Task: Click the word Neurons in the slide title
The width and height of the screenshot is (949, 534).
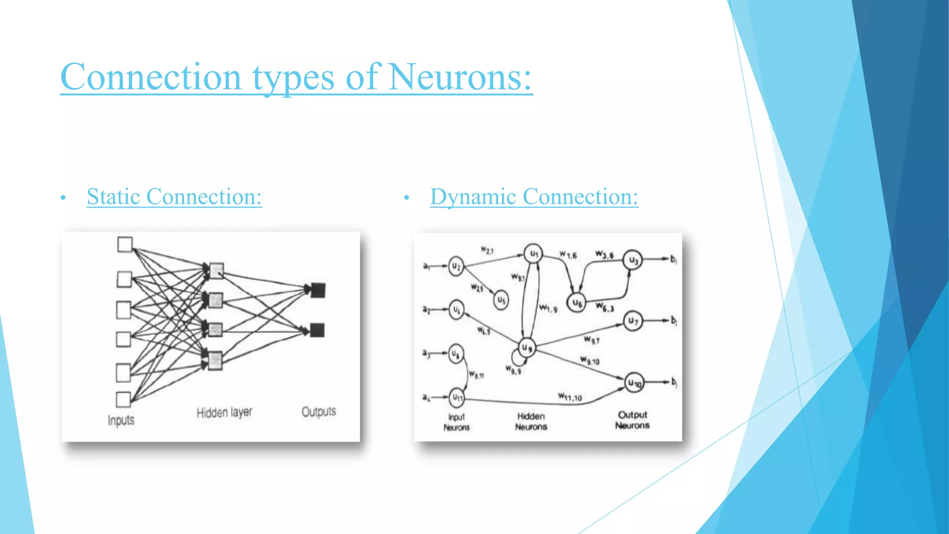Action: click(459, 77)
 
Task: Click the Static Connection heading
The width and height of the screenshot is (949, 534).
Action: click(174, 197)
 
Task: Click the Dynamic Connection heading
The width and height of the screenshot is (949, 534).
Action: click(534, 197)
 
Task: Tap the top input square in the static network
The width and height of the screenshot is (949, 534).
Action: click(125, 244)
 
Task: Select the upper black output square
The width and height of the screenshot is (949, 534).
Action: click(318, 290)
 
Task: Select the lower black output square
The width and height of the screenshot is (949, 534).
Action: click(317, 330)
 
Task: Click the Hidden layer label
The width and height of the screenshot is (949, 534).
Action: click(224, 412)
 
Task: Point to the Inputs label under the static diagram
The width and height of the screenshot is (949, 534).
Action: click(121, 420)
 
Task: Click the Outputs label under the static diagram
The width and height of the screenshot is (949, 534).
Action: click(318, 412)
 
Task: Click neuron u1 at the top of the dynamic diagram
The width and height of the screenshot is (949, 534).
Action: click(533, 254)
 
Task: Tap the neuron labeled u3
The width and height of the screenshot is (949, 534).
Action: click(633, 261)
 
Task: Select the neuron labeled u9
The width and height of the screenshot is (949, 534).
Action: click(527, 348)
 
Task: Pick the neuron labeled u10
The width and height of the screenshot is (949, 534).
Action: click(634, 383)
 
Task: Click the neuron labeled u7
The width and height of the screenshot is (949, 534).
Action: click(633, 321)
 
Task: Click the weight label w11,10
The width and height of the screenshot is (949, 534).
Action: click(569, 397)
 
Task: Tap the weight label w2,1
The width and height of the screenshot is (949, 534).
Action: click(487, 250)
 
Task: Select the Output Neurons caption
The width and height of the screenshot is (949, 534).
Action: click(632, 420)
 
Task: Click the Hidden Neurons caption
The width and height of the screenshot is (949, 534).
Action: click(531, 421)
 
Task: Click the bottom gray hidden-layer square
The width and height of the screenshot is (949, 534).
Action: click(215, 361)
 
